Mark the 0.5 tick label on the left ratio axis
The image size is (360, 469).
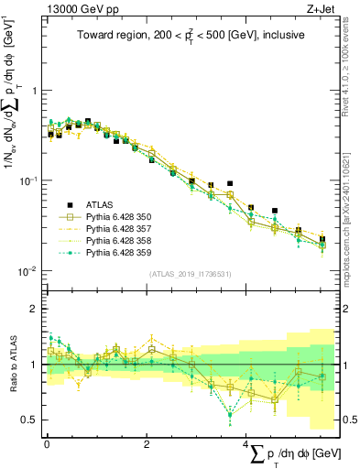[x=29, y=420]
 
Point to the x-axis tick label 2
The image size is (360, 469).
[x=147, y=442]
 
